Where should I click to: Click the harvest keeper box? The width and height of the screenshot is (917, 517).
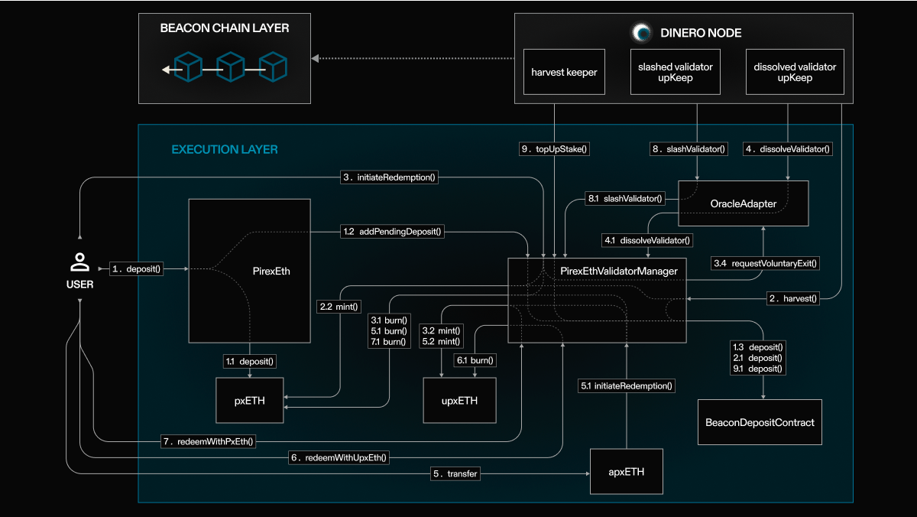pyautogui.click(x=565, y=73)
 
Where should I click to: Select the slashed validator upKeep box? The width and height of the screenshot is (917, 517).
pyautogui.click(x=675, y=73)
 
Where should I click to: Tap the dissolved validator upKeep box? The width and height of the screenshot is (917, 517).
pyautogui.click(x=789, y=73)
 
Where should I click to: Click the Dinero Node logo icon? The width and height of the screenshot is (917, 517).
pyautogui.click(x=641, y=33)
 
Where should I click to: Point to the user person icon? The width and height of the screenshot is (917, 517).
pyautogui.click(x=79, y=263)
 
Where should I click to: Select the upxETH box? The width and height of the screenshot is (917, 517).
pyautogui.click(x=460, y=399)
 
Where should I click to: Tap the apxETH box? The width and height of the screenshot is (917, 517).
pyautogui.click(x=627, y=472)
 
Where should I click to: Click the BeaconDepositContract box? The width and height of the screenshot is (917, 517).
pyautogui.click(x=760, y=421)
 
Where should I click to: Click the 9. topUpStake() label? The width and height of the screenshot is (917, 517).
pyautogui.click(x=554, y=150)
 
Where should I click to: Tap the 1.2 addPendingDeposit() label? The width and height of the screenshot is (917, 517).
pyautogui.click(x=392, y=230)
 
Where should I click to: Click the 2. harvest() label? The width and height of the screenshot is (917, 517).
pyautogui.click(x=793, y=298)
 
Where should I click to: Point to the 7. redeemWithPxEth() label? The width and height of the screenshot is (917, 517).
pyautogui.click(x=208, y=441)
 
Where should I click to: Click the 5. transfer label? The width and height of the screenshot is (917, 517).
pyautogui.click(x=455, y=474)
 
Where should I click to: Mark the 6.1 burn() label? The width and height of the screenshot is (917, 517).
pyautogui.click(x=475, y=359)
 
